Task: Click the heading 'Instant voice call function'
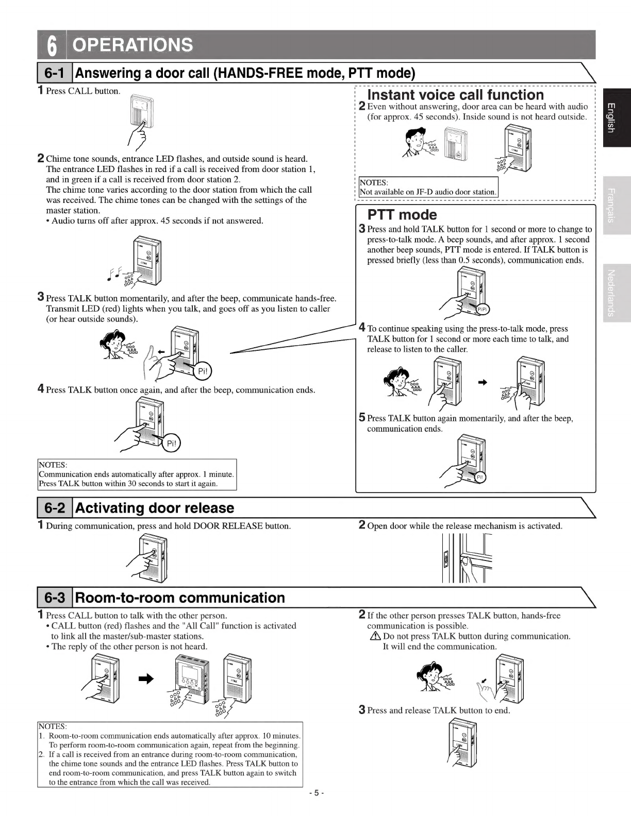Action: click(455, 95)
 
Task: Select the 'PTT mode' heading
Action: click(402, 215)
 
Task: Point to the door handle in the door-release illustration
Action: click(466, 561)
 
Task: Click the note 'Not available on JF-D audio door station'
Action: click(428, 192)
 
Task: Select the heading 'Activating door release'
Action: click(155, 508)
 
